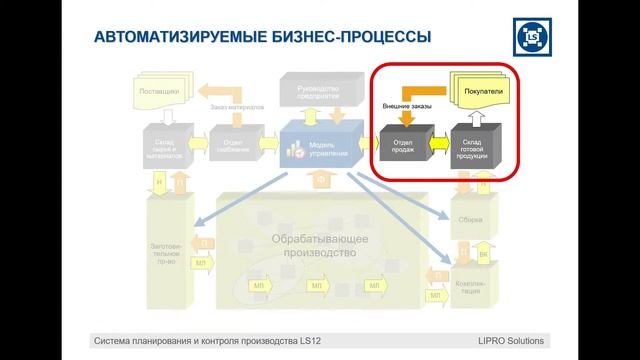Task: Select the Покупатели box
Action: click(483, 92)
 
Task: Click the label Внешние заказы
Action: click(408, 104)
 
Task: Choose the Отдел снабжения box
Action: click(235, 146)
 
